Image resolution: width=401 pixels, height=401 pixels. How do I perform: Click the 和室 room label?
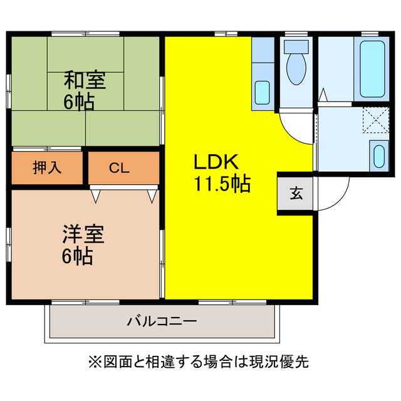click(85, 81)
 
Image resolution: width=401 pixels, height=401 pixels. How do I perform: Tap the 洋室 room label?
click(83, 234)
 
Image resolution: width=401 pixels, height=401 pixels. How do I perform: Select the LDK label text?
click(216, 162)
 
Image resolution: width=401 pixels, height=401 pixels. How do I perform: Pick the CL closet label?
click(119, 168)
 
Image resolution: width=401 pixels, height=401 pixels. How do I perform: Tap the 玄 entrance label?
click(296, 194)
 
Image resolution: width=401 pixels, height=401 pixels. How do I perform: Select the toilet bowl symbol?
click(295, 69)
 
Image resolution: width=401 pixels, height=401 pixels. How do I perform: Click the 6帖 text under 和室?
click(79, 102)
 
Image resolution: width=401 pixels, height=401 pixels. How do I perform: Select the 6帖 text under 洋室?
click(78, 256)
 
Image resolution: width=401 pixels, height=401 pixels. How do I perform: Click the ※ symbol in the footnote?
click(94, 362)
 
